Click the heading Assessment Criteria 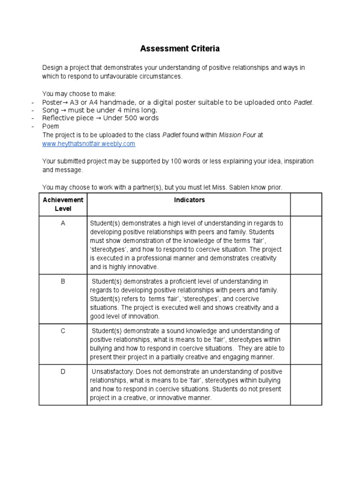tap(180, 48)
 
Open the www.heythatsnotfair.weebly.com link tap(89, 144)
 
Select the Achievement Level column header tap(63, 204)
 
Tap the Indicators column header tap(189, 200)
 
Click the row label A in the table tap(63, 223)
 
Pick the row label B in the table tap(63, 281)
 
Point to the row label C tap(63, 331)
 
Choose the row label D tap(63, 371)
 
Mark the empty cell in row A tap(306, 245)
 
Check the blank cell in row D tap(306, 384)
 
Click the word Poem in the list tap(51, 127)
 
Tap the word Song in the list tap(51, 110)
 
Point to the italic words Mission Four tap(237, 135)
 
